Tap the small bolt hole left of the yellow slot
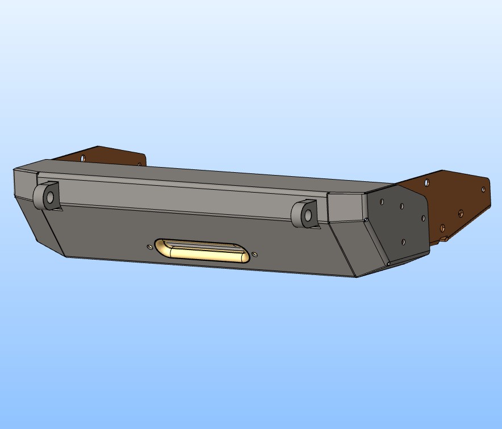point(149,247)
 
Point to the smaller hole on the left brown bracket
point(139,165)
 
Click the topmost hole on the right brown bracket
point(427,183)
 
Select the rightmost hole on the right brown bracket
point(483,189)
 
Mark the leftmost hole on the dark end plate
point(382,201)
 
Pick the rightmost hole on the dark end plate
point(423,218)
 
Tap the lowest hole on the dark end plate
point(403,242)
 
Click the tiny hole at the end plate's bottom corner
point(388,264)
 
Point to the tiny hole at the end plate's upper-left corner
point(367,219)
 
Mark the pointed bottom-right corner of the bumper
point(356,277)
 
